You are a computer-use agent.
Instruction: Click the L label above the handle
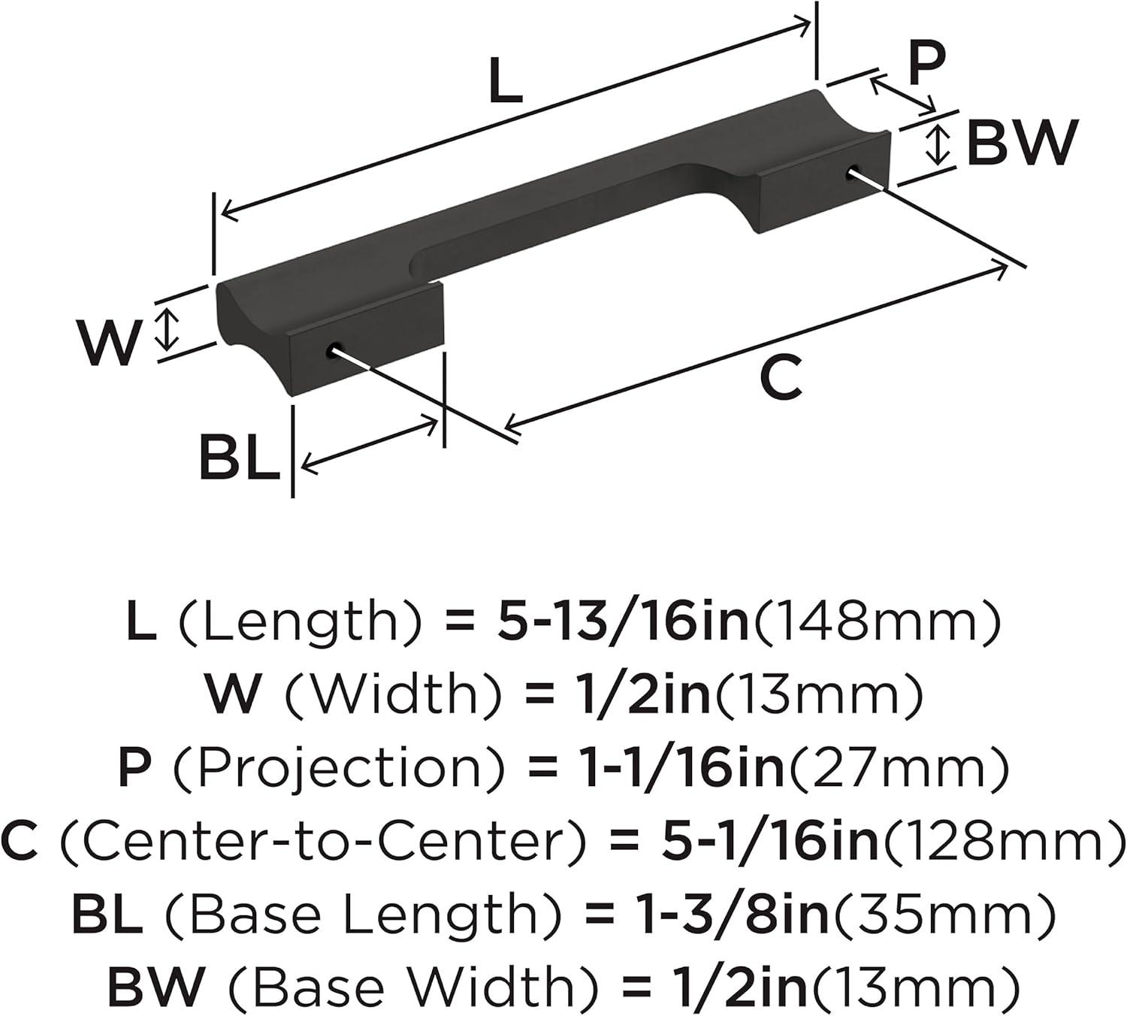pyautogui.click(x=505, y=81)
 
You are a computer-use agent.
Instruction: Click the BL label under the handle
pyautogui.click(x=240, y=457)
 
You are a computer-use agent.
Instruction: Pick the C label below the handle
pyautogui.click(x=781, y=379)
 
